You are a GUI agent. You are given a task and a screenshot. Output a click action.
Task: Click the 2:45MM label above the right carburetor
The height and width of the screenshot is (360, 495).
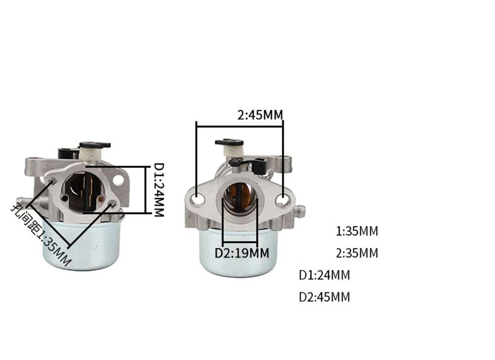click(260, 115)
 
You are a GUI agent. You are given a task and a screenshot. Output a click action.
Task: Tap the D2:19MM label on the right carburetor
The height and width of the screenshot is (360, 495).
click(242, 253)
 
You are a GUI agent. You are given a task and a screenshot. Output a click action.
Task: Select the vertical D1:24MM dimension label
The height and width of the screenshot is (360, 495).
click(159, 190)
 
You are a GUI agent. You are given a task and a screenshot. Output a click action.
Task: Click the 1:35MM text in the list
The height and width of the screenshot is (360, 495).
click(357, 231)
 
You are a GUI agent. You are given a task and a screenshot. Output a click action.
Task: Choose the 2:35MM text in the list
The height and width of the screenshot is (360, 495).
click(357, 253)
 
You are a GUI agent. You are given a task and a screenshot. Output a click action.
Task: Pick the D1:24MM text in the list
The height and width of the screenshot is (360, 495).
click(325, 275)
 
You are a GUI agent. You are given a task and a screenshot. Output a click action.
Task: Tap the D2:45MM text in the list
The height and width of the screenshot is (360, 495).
click(325, 297)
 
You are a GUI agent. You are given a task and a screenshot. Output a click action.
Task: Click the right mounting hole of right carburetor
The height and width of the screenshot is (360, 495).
click(282, 200)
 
